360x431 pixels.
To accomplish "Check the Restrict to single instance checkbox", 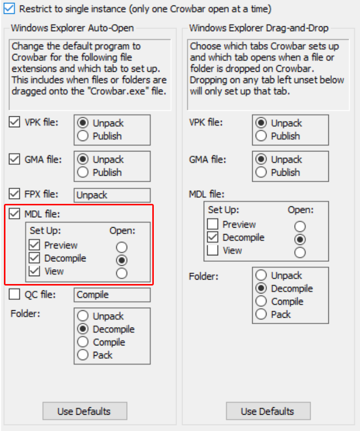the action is tap(9, 8).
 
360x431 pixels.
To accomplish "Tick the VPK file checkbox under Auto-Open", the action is tap(14, 122).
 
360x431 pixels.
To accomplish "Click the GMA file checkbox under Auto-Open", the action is tap(14, 159).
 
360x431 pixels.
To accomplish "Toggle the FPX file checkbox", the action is tap(14, 193).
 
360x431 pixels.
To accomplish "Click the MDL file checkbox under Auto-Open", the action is tap(14, 214).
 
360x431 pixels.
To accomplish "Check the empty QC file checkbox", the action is tap(14, 294).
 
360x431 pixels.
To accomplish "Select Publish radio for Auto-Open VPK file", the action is tap(83, 136).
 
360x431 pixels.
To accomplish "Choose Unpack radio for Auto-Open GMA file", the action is tap(83, 159).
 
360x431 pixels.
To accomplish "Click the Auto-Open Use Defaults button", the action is tap(85, 411).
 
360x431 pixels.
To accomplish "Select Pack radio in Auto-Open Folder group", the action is tap(83, 355).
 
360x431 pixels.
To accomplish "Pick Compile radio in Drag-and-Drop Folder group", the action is tap(261, 301).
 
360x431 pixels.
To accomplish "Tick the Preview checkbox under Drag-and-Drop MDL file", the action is tap(213, 224).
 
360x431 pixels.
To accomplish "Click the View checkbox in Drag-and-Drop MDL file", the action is tap(213, 250).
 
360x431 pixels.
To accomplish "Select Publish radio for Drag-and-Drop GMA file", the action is tap(261, 172).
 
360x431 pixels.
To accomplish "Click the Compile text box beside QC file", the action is tap(112, 294).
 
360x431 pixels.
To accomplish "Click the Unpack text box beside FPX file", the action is tap(112, 195).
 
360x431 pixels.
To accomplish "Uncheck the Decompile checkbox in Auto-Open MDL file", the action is tap(34, 258).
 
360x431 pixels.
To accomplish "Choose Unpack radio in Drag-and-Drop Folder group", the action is tap(261, 275).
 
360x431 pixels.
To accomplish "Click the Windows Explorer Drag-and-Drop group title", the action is tap(259, 28).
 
